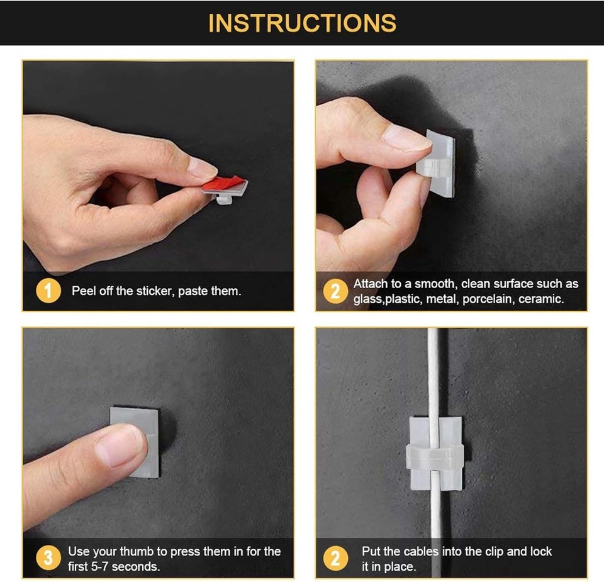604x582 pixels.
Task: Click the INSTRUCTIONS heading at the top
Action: (x=302, y=23)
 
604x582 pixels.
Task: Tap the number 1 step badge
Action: (x=50, y=291)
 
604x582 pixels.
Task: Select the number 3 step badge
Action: (x=49, y=559)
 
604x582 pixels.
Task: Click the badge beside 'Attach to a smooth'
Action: (x=335, y=291)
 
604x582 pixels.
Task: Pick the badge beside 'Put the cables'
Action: (x=335, y=559)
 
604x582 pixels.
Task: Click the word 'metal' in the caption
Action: (x=440, y=299)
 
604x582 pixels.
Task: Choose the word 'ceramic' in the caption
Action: (x=541, y=299)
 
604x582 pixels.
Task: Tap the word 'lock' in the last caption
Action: (x=540, y=551)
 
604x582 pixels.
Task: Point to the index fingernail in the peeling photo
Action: (x=203, y=167)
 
